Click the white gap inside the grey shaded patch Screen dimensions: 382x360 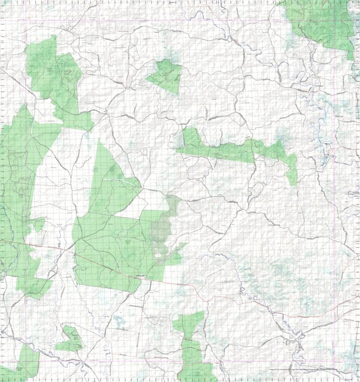tap(158, 255)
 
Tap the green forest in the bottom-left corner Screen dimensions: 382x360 tap(23, 365)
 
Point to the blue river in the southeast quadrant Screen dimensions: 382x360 tap(271, 313)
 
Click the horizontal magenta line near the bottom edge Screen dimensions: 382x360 tap(157, 360)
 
